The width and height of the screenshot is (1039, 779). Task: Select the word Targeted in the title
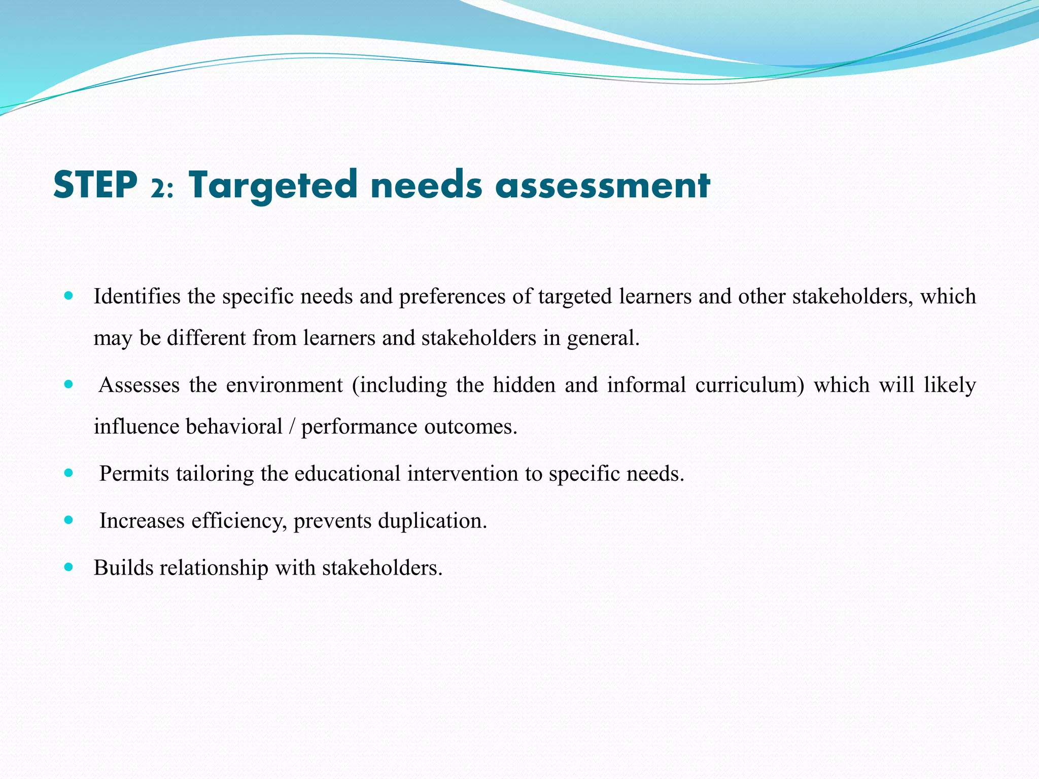273,186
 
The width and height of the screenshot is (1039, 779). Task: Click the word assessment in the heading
603,186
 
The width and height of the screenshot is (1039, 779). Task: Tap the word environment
285,385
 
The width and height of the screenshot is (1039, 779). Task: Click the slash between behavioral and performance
291,427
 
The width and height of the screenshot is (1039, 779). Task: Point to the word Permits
134,474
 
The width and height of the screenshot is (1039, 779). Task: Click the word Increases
142,521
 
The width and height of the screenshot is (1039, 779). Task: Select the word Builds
124,568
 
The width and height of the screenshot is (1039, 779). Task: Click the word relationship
214,568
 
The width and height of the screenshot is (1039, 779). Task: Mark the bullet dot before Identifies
69,295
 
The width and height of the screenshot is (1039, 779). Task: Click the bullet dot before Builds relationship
69,566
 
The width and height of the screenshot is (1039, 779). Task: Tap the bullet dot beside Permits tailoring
69,473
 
